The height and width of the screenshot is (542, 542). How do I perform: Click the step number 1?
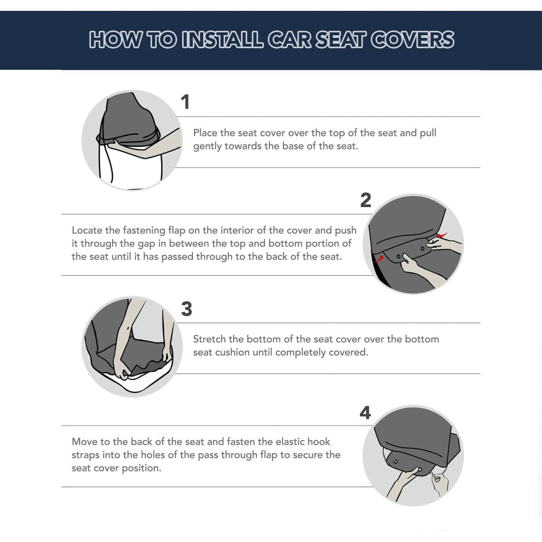pyautogui.click(x=185, y=102)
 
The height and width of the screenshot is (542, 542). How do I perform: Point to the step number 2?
pyautogui.click(x=366, y=201)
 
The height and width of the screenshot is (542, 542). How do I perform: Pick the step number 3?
pyautogui.click(x=186, y=309)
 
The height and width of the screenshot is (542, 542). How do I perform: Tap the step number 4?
pyautogui.click(x=365, y=413)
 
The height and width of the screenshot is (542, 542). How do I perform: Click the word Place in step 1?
pyautogui.click(x=205, y=133)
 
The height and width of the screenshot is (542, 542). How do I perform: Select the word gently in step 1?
pyautogui.click(x=208, y=146)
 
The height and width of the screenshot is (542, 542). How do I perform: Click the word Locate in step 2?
pyautogui.click(x=87, y=230)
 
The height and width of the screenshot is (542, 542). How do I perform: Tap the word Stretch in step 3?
pyautogui.click(x=210, y=339)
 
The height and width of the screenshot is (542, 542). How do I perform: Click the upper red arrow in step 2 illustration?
pyautogui.click(x=443, y=235)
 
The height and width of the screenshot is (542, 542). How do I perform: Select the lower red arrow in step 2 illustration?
pyautogui.click(x=379, y=259)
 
